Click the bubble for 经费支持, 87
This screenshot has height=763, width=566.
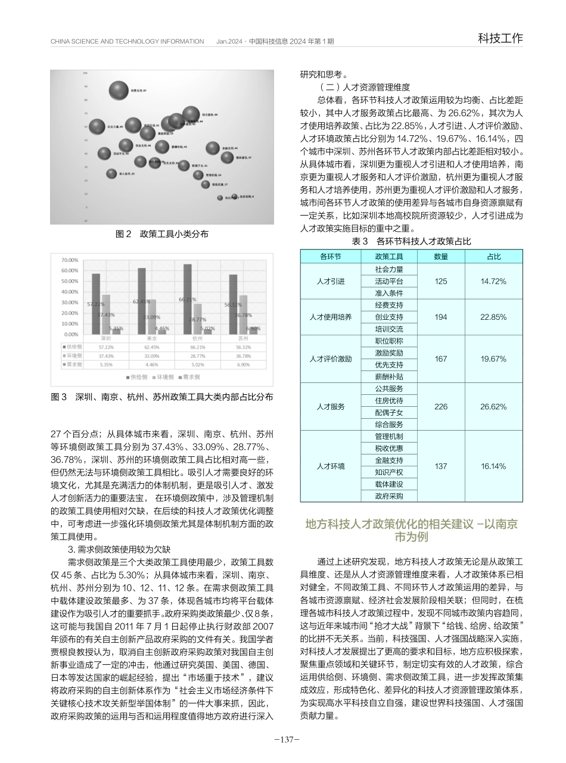coord(119,91)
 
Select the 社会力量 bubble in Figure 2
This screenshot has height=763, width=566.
coord(97,126)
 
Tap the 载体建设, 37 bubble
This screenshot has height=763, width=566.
coord(227,157)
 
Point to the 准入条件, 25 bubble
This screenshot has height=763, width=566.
coord(111,173)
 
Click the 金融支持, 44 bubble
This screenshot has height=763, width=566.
coord(212,148)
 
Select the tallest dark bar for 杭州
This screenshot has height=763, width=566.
coord(188,298)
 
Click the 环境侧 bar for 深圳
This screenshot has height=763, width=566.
coord(106,314)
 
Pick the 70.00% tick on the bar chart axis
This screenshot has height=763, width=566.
coord(70,260)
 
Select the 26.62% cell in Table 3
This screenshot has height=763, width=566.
coord(493,407)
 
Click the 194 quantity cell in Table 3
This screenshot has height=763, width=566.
coord(440,317)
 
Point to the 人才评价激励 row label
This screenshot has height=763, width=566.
coord(331,359)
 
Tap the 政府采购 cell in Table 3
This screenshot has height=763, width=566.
coord(389,496)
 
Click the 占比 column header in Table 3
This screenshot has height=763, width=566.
coord(493,257)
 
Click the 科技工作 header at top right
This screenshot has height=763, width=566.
coord(500,39)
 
